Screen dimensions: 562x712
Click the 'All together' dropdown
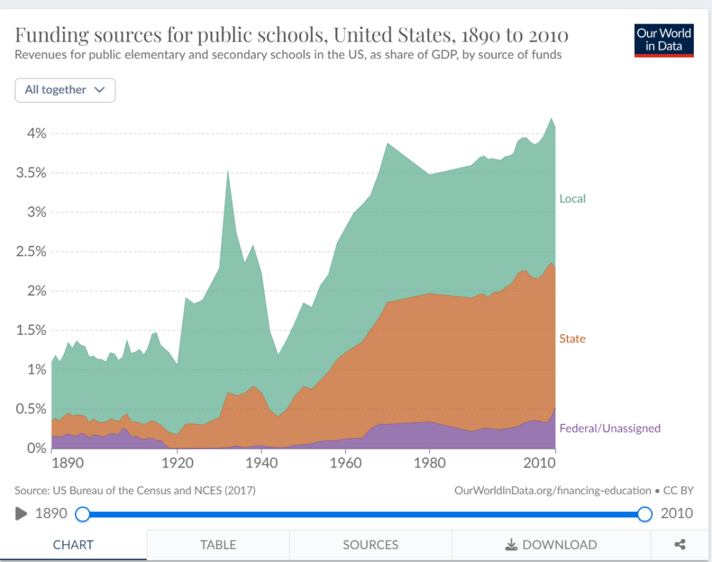coord(65,90)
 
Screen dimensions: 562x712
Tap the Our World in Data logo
coord(664,40)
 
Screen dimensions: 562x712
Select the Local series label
coord(572,199)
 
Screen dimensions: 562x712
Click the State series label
coord(572,339)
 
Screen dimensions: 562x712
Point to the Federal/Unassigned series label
coord(610,428)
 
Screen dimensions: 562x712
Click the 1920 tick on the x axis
coord(177,463)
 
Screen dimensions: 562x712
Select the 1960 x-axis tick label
coord(345,463)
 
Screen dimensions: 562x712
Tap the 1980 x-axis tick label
coord(429,463)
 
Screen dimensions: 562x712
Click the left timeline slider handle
coord(83,514)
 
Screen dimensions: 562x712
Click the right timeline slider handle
coord(645,514)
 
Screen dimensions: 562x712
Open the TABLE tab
coord(218,545)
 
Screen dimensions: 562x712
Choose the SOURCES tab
coord(371,545)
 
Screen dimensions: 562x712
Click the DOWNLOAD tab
coord(551,545)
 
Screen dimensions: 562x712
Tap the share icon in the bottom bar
coord(681,545)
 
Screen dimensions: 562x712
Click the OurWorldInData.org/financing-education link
coord(553,490)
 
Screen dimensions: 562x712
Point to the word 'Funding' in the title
coord(54,35)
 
